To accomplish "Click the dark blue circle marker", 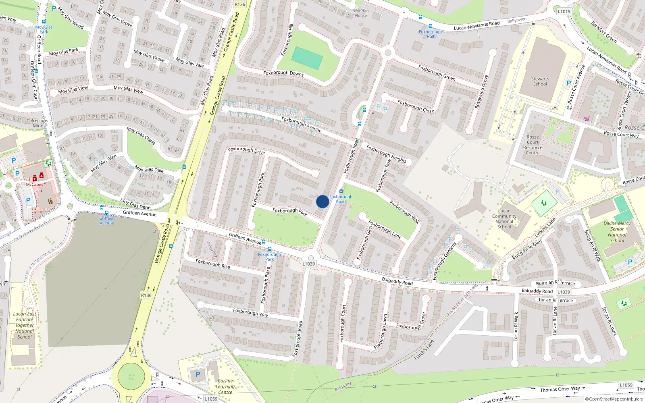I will [322, 201].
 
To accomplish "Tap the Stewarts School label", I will [540, 81].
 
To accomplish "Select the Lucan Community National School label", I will [504, 219].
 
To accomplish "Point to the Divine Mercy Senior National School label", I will [617, 232].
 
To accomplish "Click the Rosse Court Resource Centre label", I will [533, 145].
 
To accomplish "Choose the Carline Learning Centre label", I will [225, 386].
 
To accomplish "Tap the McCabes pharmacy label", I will [35, 185].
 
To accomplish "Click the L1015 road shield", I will [564, 11].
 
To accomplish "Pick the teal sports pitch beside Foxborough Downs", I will [307, 58].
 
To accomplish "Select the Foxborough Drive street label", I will [246, 150].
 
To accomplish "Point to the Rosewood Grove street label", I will [481, 91].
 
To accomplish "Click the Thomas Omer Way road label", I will [560, 389].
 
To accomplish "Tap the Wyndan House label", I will [361, 13].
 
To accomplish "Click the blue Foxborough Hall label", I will [430, 34].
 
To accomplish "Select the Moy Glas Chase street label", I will [141, 135].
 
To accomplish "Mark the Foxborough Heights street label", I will [386, 154].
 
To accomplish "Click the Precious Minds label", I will [39, 123].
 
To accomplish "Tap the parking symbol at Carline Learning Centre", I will [198, 374].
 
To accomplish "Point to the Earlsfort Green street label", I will [604, 32].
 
